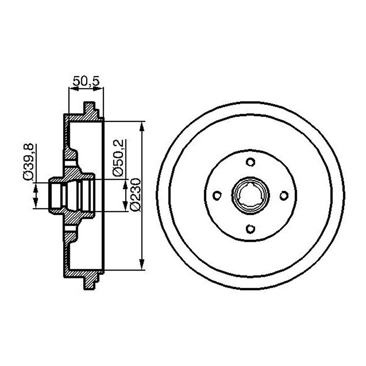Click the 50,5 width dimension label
point(86,81)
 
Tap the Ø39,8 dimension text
point(28,162)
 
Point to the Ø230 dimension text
point(135,195)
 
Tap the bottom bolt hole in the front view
point(250,229)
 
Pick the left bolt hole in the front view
point(217,196)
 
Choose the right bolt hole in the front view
point(284,196)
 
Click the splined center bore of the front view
point(250,196)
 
